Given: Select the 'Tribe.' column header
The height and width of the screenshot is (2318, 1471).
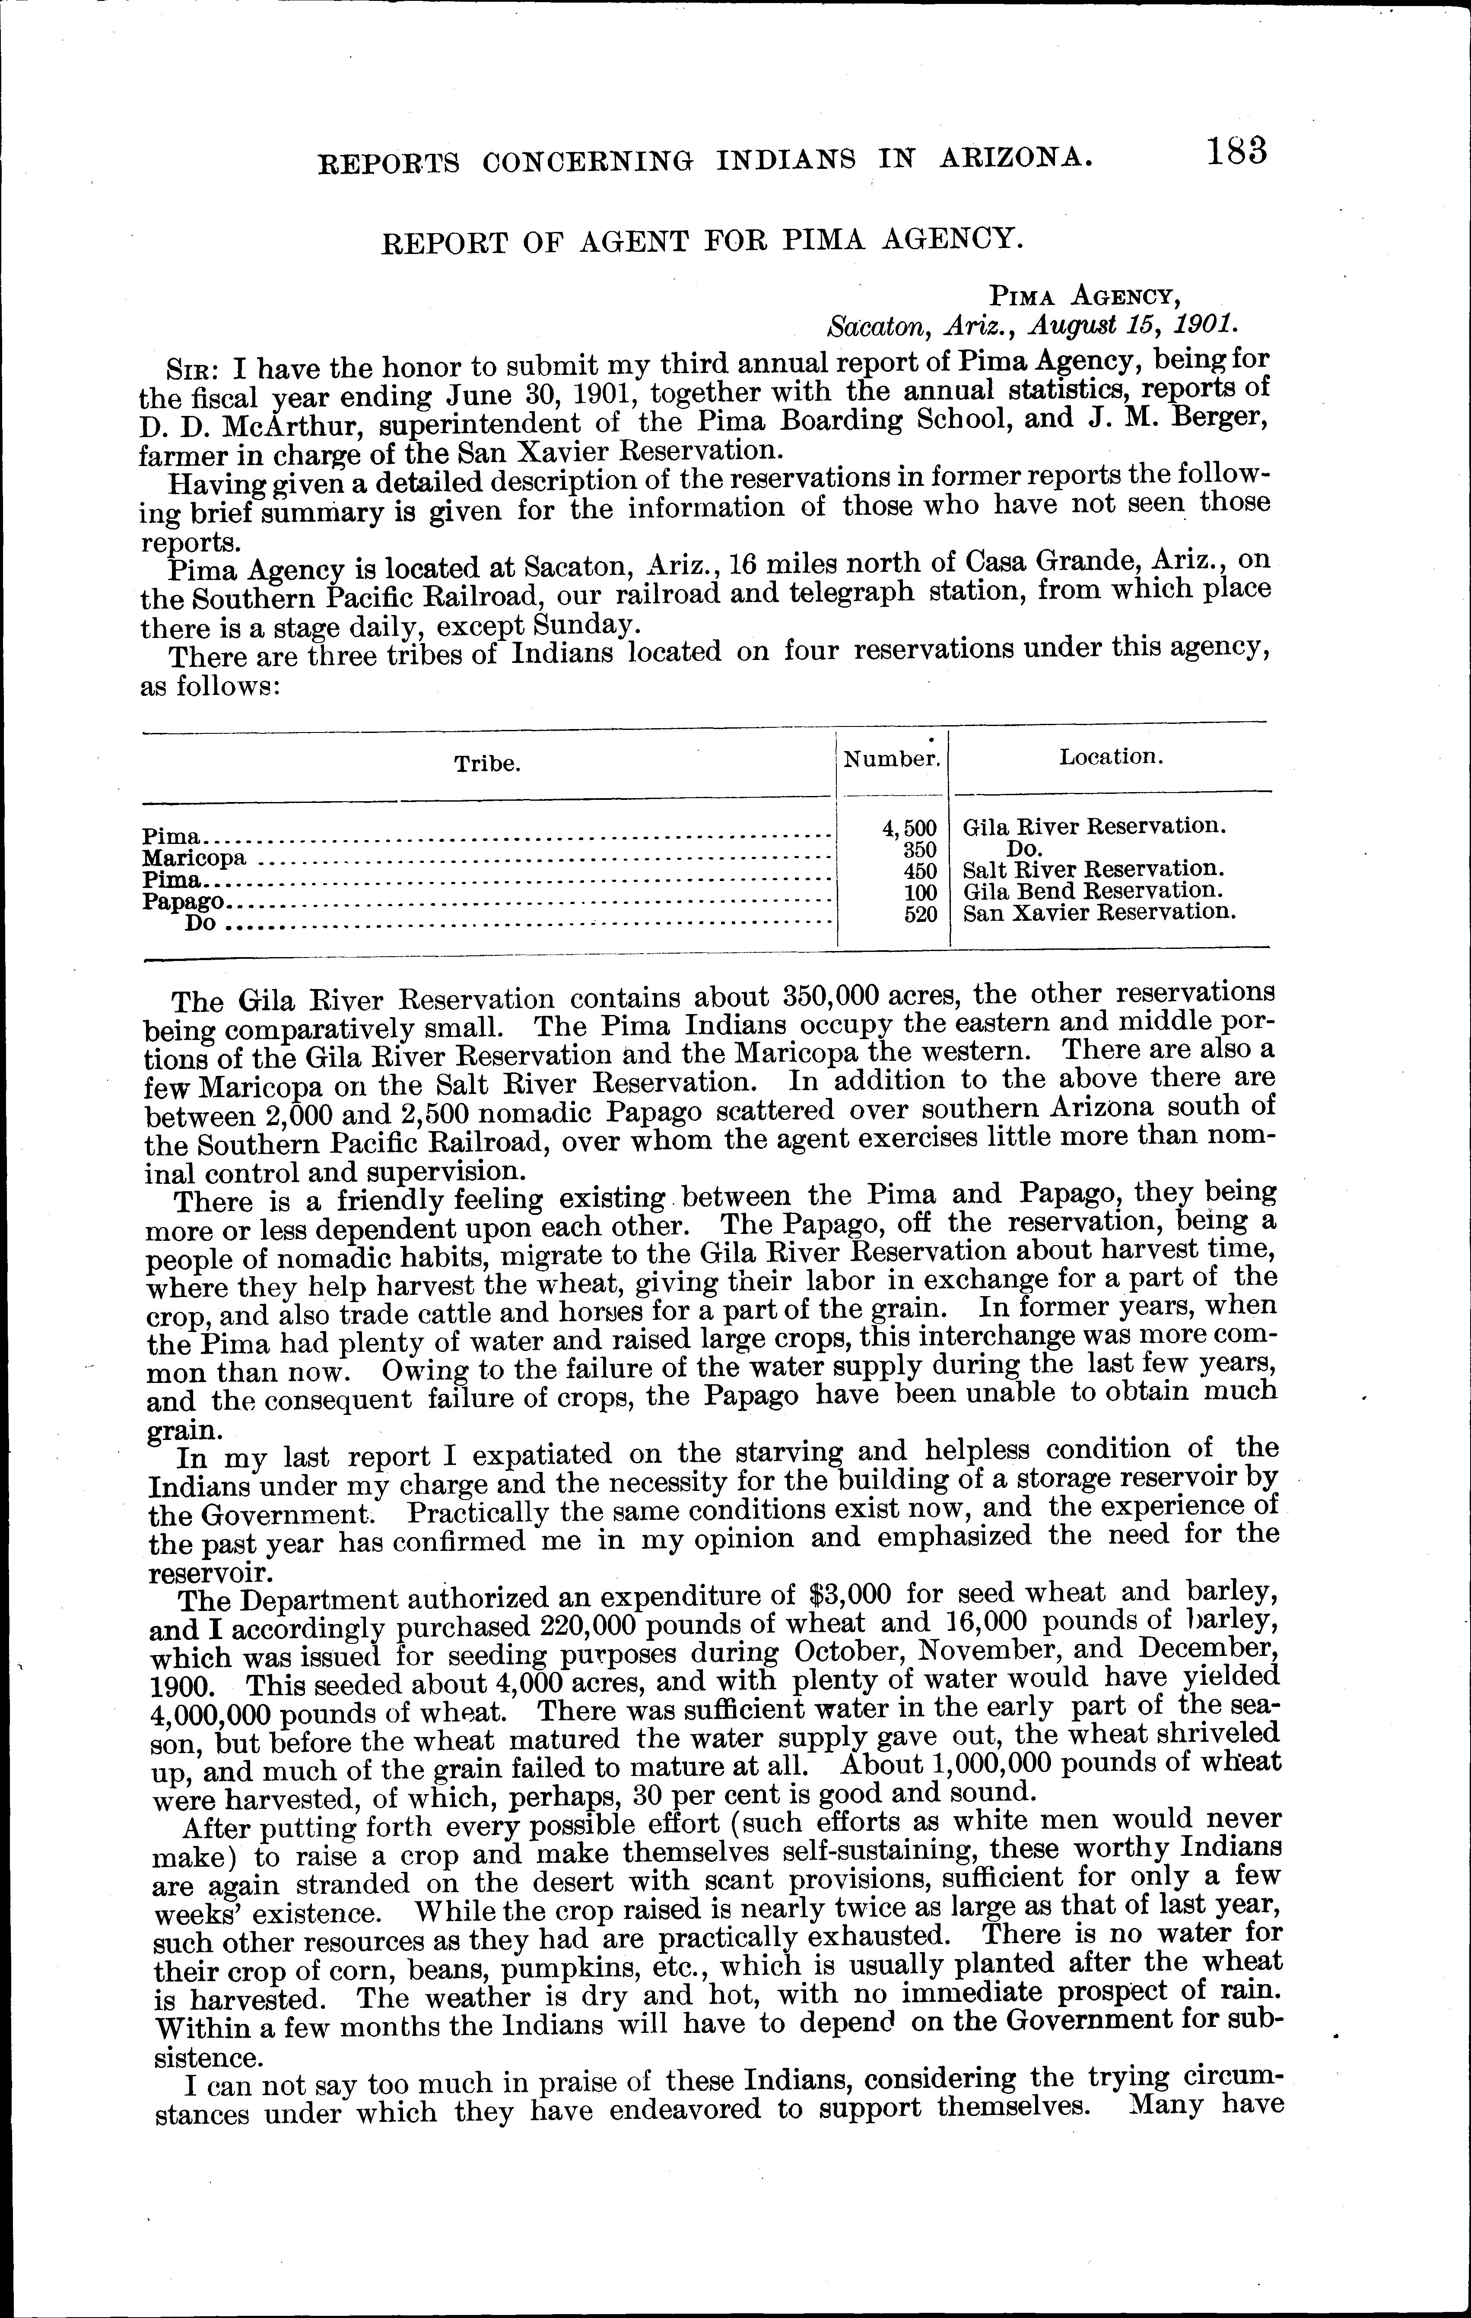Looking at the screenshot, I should [x=487, y=764].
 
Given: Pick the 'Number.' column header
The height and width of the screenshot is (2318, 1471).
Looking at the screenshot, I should [x=892, y=758].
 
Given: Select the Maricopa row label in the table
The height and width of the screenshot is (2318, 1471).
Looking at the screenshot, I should [x=194, y=857].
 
